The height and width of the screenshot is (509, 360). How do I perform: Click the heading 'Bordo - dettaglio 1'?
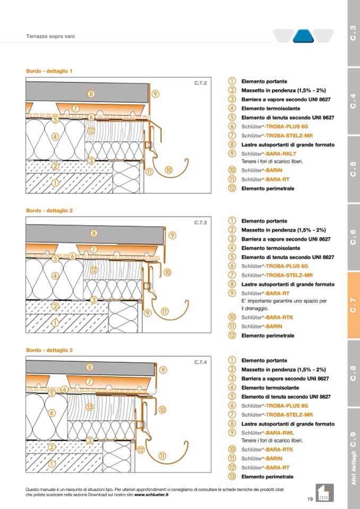tap(49, 71)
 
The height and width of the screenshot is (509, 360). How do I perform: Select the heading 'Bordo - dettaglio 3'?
tap(49, 350)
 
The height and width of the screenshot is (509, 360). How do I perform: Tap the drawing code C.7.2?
tap(200, 83)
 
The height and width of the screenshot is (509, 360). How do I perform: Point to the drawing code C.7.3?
tap(200, 223)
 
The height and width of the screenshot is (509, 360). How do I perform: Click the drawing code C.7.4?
tap(200, 363)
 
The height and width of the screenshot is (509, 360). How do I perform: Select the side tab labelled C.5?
tap(353, 170)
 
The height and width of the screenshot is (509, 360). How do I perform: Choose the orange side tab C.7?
tap(353, 306)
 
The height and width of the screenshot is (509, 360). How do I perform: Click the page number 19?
tap(310, 498)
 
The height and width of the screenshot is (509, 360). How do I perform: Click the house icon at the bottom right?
tap(323, 492)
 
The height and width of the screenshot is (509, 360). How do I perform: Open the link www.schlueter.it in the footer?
tap(151, 495)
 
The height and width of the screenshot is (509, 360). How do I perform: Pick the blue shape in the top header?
tap(303, 36)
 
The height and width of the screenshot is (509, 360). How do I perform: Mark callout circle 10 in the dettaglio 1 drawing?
tap(168, 170)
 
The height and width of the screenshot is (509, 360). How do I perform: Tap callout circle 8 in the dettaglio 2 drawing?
tap(94, 233)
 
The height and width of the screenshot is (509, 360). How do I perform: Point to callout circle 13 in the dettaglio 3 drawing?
tap(90, 407)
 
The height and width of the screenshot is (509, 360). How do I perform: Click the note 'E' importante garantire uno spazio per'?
tap(284, 301)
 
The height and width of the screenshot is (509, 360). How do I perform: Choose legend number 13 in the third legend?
tap(233, 477)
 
